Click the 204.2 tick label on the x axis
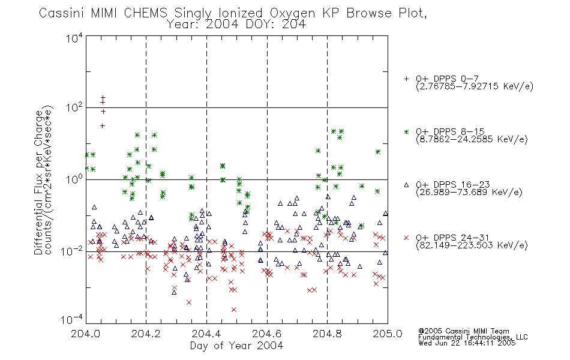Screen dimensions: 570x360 pyautogui.click(x=146, y=334)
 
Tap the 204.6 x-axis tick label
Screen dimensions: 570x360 pyautogui.click(x=267, y=334)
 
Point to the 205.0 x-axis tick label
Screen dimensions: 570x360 pyautogui.click(x=388, y=334)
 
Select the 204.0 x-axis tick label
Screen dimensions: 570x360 pyautogui.click(x=85, y=334)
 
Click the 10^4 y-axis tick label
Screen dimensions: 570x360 pyautogui.click(x=74, y=38)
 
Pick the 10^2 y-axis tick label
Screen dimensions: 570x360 pyautogui.click(x=74, y=108)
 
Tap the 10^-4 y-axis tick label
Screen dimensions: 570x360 pyautogui.click(x=72, y=320)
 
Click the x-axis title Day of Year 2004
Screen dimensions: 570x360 pyautogui.click(x=236, y=346)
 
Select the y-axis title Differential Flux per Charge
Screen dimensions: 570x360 pyautogui.click(x=39, y=182)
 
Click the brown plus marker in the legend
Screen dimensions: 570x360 pyautogui.click(x=406, y=79)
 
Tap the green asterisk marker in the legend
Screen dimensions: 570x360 pyautogui.click(x=406, y=132)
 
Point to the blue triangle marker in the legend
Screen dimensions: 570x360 pyautogui.click(x=406, y=185)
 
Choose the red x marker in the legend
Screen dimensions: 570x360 pyautogui.click(x=406, y=238)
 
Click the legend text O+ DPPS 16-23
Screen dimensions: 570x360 pyautogui.click(x=453, y=184)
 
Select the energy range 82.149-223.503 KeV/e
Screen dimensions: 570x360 pyautogui.click(x=472, y=245)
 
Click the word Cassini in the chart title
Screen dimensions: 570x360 pyautogui.click(x=62, y=13)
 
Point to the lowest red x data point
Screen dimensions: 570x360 pyautogui.click(x=234, y=310)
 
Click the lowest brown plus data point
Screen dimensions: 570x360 pyautogui.click(x=103, y=126)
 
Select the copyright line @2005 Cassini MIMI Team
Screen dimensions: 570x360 pyautogui.click(x=464, y=331)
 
